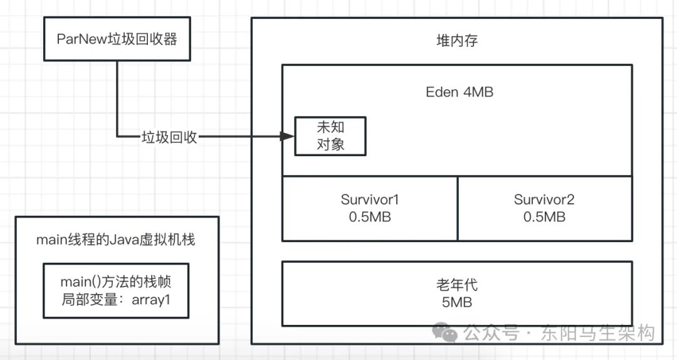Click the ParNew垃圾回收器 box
[117, 40]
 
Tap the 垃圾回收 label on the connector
[169, 137]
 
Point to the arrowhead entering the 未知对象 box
[288, 137]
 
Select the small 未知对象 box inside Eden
[330, 136]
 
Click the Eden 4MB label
[459, 92]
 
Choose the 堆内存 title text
[457, 41]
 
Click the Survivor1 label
[370, 200]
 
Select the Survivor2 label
[544, 200]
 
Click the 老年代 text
[457, 285]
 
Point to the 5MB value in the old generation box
[457, 302]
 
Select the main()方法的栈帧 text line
[115, 282]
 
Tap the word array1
[151, 299]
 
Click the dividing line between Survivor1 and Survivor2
[458, 208]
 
